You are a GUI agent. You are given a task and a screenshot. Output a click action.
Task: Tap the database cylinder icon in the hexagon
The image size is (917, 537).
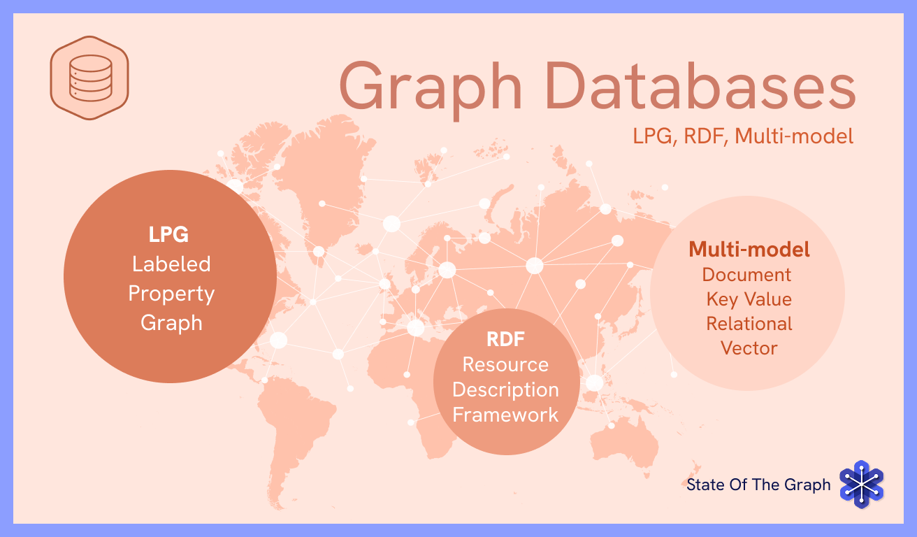(x=90, y=76)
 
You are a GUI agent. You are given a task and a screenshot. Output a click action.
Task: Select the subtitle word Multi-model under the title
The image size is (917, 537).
(x=800, y=136)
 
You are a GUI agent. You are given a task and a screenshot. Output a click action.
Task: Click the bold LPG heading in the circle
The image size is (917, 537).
(x=168, y=234)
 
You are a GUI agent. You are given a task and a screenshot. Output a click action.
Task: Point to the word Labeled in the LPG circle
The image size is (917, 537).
(x=171, y=264)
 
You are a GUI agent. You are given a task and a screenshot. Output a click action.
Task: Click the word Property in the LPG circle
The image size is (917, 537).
(x=171, y=293)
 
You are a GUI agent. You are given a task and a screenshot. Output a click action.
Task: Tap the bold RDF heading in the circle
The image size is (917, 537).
(x=505, y=341)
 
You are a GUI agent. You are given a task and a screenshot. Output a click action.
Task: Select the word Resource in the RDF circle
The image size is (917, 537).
(x=505, y=365)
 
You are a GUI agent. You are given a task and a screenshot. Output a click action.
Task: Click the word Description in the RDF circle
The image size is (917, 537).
(x=505, y=389)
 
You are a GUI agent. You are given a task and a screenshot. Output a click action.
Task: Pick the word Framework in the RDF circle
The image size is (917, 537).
(x=505, y=415)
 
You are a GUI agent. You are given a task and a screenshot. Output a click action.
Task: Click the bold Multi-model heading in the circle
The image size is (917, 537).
(x=749, y=249)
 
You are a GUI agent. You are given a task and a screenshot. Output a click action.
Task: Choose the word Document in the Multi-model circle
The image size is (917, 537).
(x=747, y=274)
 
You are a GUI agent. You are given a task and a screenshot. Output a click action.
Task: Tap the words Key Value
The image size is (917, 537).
(x=749, y=299)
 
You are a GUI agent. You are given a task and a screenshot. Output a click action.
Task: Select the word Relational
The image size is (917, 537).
(x=749, y=324)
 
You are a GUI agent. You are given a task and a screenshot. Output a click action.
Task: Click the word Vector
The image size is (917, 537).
(x=749, y=348)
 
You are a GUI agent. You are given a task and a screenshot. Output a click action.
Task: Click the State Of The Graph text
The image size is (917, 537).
(x=758, y=485)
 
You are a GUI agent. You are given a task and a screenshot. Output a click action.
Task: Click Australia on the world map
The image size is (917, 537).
(x=626, y=441)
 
